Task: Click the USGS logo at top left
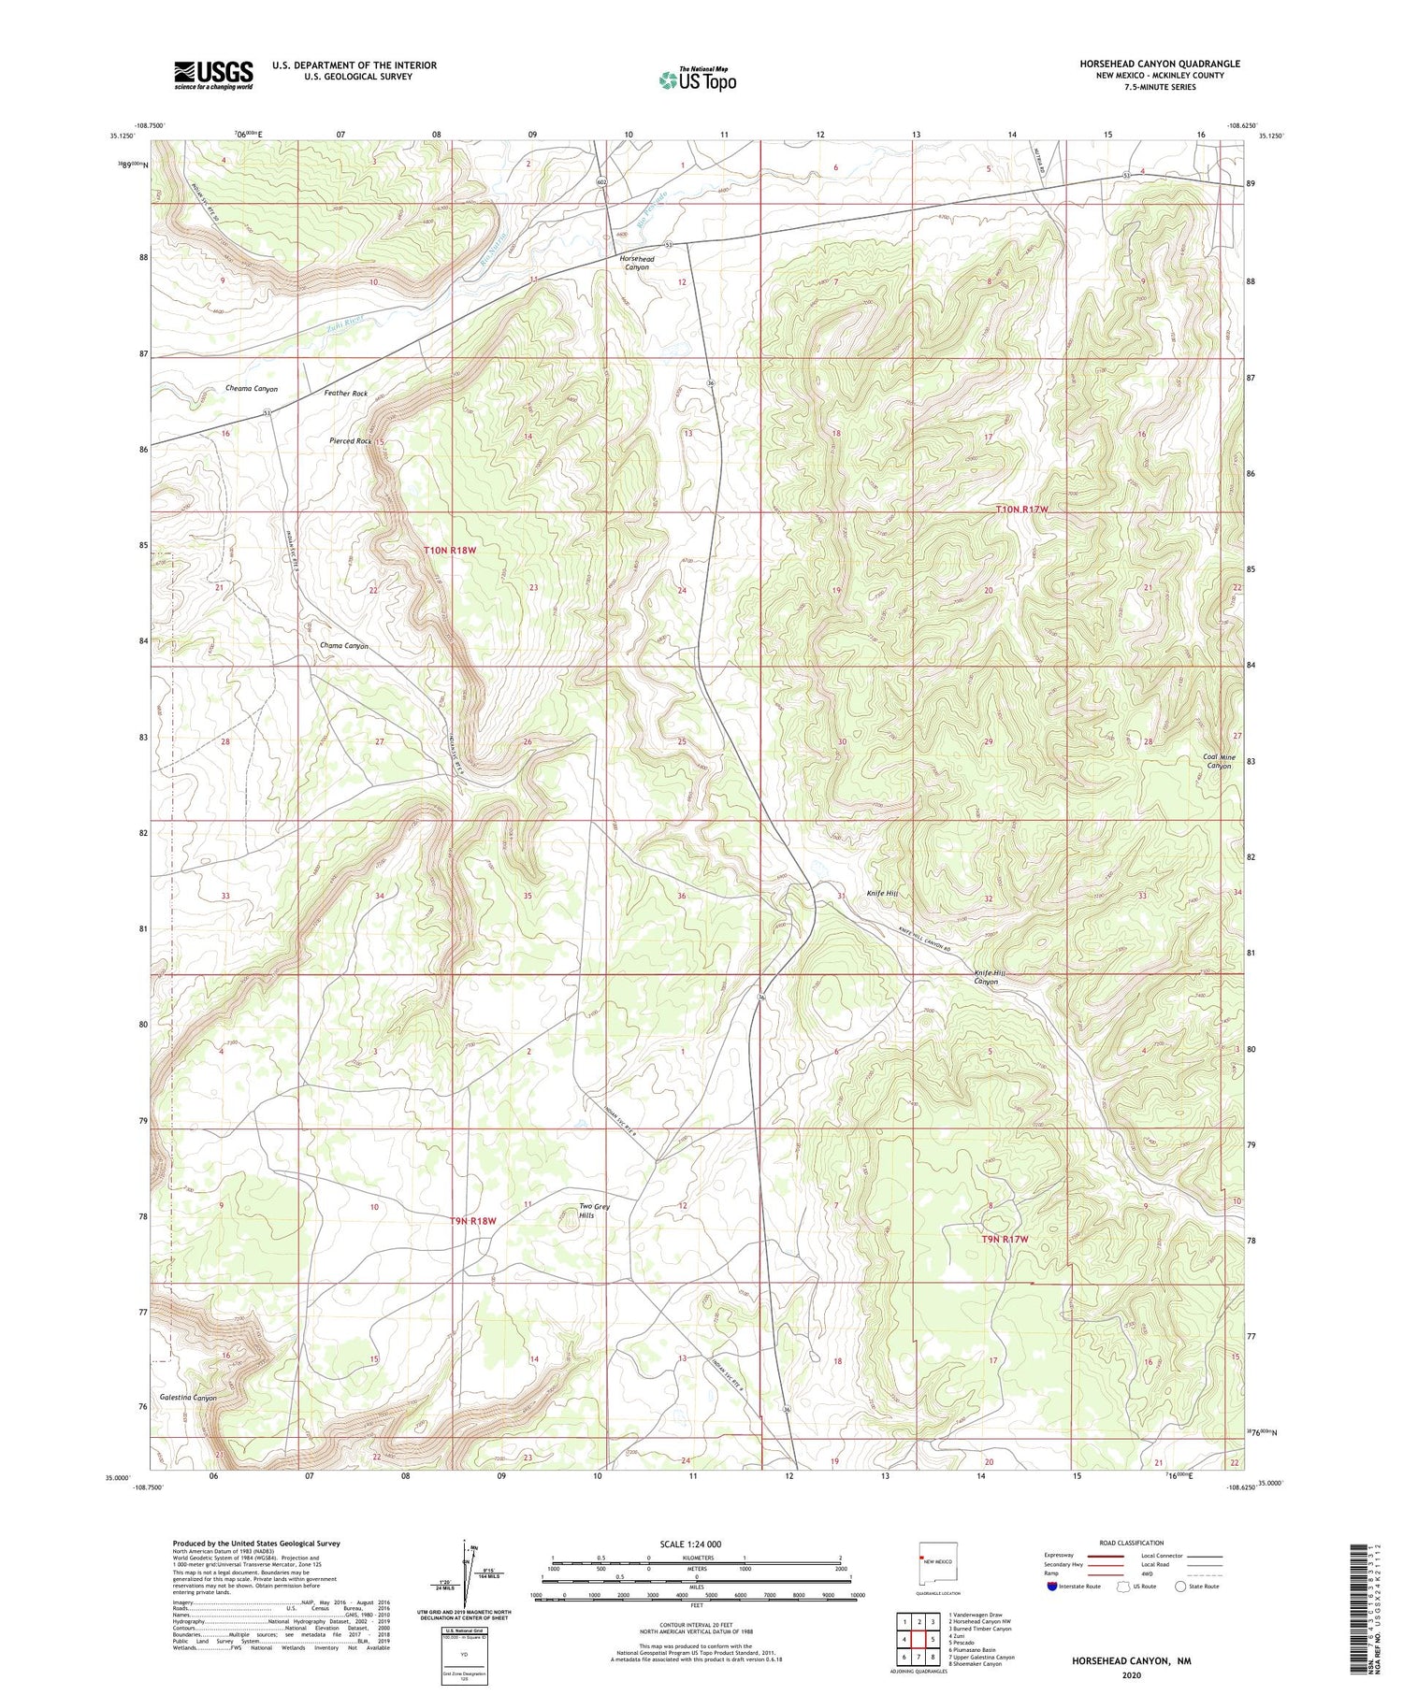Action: click(x=213, y=75)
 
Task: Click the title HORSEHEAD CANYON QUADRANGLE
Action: click(x=1159, y=64)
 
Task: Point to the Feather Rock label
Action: click(x=345, y=394)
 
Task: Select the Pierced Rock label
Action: click(x=351, y=440)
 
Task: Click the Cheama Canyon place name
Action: click(x=251, y=388)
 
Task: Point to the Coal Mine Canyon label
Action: click(x=1219, y=761)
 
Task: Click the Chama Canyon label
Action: click(x=343, y=646)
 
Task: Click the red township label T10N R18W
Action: click(x=450, y=551)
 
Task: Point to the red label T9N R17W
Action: click(x=1004, y=1239)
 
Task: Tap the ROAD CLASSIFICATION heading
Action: click(x=1132, y=1543)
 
